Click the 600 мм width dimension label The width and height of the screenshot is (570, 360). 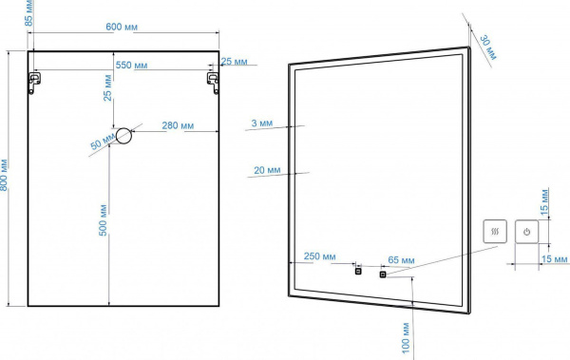point(122,27)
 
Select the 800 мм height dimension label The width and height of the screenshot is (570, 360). point(4,175)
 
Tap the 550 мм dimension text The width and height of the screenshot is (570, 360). point(132,66)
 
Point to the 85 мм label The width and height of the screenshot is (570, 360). point(28,13)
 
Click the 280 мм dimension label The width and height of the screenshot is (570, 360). point(178,125)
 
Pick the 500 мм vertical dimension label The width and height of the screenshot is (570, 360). point(104,220)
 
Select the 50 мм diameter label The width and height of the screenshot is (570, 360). point(103,142)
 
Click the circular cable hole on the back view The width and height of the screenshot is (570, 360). point(123,136)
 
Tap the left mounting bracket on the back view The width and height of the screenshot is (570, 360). point(34,83)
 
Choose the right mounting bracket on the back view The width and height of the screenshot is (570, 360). point(214,83)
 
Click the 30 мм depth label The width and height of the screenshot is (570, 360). point(488,47)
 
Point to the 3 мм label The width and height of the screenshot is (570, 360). point(262,123)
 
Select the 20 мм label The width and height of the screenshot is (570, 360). point(267,170)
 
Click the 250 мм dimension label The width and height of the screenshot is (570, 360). point(320,256)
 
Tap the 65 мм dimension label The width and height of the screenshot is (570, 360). point(401,260)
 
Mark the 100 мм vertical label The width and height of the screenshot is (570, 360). point(406,338)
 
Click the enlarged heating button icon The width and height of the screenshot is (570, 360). point(495,231)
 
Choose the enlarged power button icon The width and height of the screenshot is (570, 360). point(526,232)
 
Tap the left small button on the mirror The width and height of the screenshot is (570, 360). point(358,271)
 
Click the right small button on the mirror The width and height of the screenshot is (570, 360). point(383,275)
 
